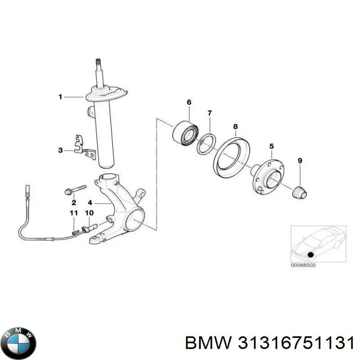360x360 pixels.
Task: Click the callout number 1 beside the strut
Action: tap(60, 96)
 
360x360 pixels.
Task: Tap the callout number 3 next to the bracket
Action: tap(61, 150)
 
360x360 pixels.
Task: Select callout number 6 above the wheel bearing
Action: tap(189, 103)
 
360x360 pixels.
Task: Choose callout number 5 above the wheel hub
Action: tap(271, 146)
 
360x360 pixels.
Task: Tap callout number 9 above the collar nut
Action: tap(300, 161)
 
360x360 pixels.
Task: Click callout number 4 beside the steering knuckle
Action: tap(90, 202)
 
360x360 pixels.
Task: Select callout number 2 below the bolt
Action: tap(73, 202)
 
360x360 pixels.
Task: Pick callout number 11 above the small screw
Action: tap(73, 213)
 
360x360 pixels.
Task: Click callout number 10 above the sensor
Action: tap(89, 213)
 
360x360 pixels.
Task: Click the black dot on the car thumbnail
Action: tap(310, 255)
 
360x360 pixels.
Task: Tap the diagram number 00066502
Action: tap(304, 265)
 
